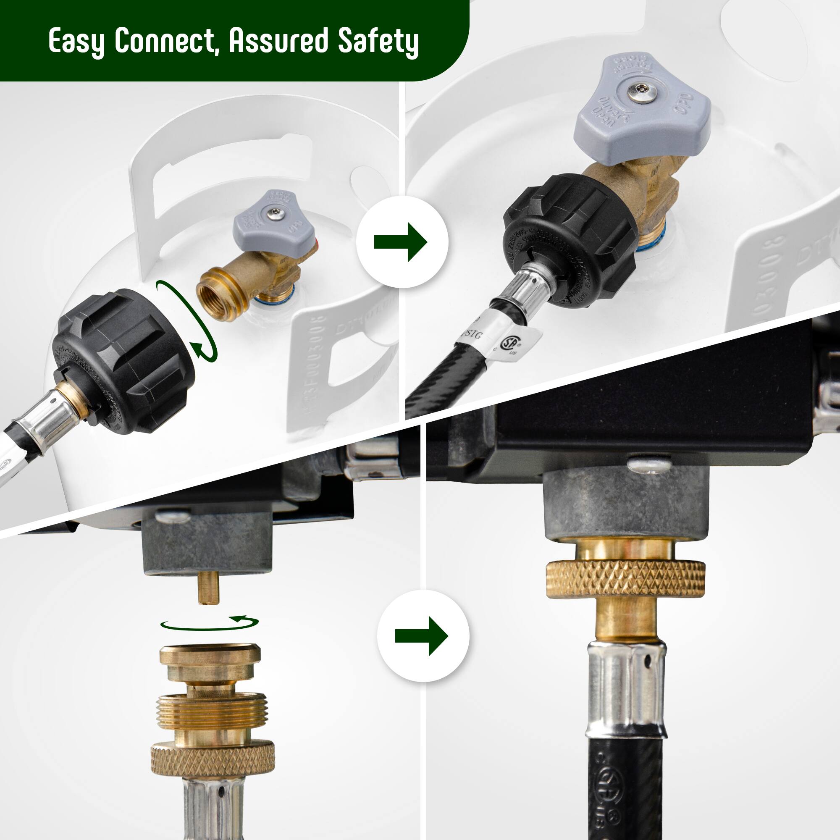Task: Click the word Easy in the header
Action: pos(76,42)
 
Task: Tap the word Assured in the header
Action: pos(278,41)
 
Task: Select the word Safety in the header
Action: pos(378,42)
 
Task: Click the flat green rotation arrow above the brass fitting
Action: pos(209,622)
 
